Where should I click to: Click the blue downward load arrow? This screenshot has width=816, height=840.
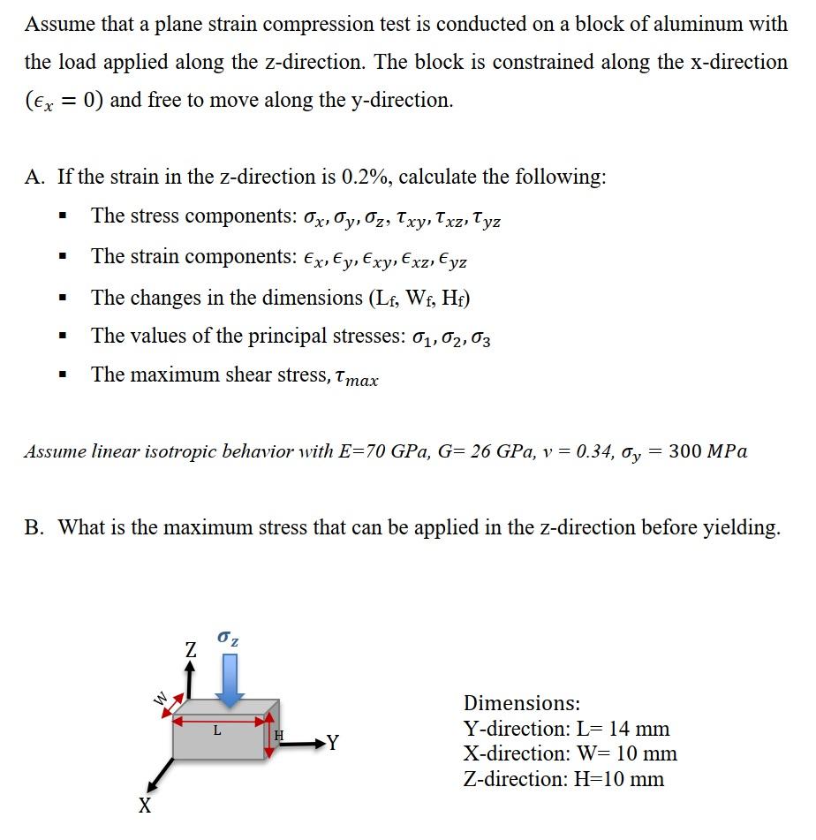click(x=230, y=683)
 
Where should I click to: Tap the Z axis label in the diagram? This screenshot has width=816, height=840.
click(x=191, y=651)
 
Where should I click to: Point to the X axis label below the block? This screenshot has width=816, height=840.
click(x=145, y=806)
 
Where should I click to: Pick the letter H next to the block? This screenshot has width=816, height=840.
click(x=279, y=735)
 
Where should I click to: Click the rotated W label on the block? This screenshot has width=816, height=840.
click(x=162, y=700)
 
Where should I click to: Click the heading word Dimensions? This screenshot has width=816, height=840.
click(x=522, y=703)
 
